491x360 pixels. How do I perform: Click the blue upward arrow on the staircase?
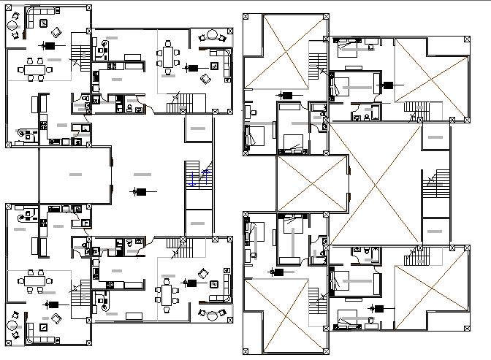pos(207,177)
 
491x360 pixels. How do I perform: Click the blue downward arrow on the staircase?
pos(192,180)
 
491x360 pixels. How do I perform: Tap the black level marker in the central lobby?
pos(140,192)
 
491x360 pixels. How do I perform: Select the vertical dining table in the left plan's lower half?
pos(167,295)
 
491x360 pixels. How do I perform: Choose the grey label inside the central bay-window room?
pos(75,175)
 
